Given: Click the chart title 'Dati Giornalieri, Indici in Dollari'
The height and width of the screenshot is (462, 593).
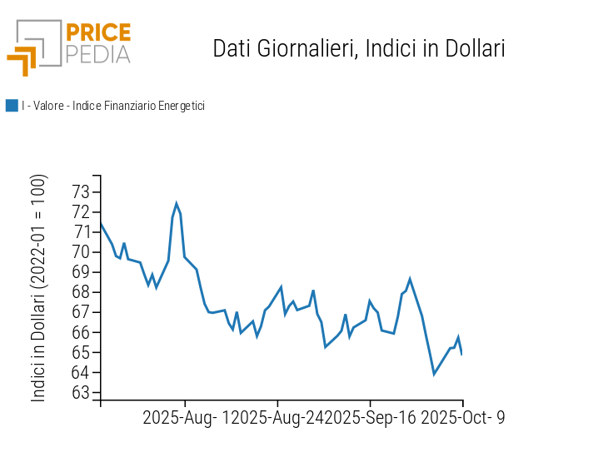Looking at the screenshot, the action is [358, 48].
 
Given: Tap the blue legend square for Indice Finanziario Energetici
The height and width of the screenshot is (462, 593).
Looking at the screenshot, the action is [12, 106].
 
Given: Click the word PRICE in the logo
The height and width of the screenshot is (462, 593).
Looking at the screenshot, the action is [98, 32].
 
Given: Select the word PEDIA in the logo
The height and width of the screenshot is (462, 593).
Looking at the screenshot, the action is [98, 55].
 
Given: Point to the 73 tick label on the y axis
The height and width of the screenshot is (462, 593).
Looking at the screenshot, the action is [81, 192].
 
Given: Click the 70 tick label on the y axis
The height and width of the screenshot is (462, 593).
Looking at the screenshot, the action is [81, 252].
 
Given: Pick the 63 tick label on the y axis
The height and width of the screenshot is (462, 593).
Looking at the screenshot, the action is [81, 392].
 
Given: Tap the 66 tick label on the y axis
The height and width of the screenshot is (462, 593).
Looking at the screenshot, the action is [81, 332].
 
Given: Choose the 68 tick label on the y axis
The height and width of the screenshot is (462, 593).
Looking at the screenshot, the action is [81, 292].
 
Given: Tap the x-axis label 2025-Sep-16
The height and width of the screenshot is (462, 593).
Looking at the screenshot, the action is [370, 418].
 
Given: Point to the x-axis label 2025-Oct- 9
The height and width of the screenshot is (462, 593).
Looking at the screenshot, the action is [463, 418].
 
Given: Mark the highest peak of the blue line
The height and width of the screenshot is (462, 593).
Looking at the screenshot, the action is [177, 203].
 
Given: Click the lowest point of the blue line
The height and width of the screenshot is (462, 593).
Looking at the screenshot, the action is [434, 375].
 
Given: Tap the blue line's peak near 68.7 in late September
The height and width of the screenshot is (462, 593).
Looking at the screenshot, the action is [410, 279].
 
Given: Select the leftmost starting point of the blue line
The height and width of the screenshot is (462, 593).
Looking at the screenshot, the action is [101, 223].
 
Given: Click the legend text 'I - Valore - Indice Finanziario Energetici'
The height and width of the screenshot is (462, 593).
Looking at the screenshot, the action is [113, 106].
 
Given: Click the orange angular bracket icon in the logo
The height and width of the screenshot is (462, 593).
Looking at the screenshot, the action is [22, 61].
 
